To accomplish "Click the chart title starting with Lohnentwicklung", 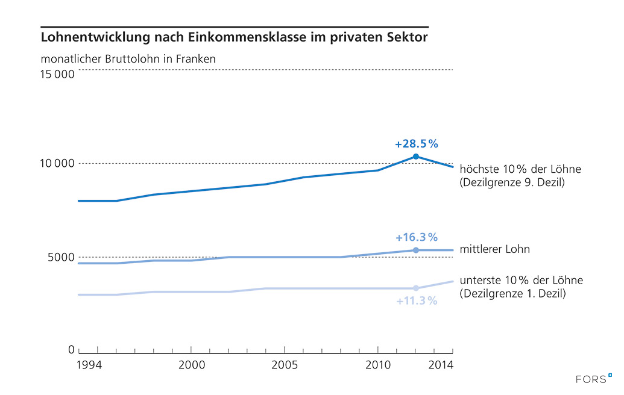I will [x=234, y=37].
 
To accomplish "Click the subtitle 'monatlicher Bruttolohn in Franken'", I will [x=128, y=59].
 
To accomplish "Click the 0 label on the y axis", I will [x=71, y=350].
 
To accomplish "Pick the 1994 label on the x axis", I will [x=89, y=365].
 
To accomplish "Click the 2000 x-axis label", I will [x=191, y=365].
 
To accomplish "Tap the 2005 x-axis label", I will [x=285, y=365].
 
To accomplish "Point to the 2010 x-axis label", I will [x=377, y=365].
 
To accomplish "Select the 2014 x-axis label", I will [x=440, y=365].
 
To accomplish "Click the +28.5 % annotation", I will [x=416, y=145].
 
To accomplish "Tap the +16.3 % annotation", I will [x=416, y=237].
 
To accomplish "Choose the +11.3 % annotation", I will [x=417, y=300].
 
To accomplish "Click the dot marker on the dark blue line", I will [x=416, y=157].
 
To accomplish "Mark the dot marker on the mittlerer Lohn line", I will [x=416, y=250].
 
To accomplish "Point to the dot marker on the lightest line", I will [x=416, y=288].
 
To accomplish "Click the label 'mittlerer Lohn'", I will [x=494, y=249].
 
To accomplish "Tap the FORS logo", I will [x=593, y=379].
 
